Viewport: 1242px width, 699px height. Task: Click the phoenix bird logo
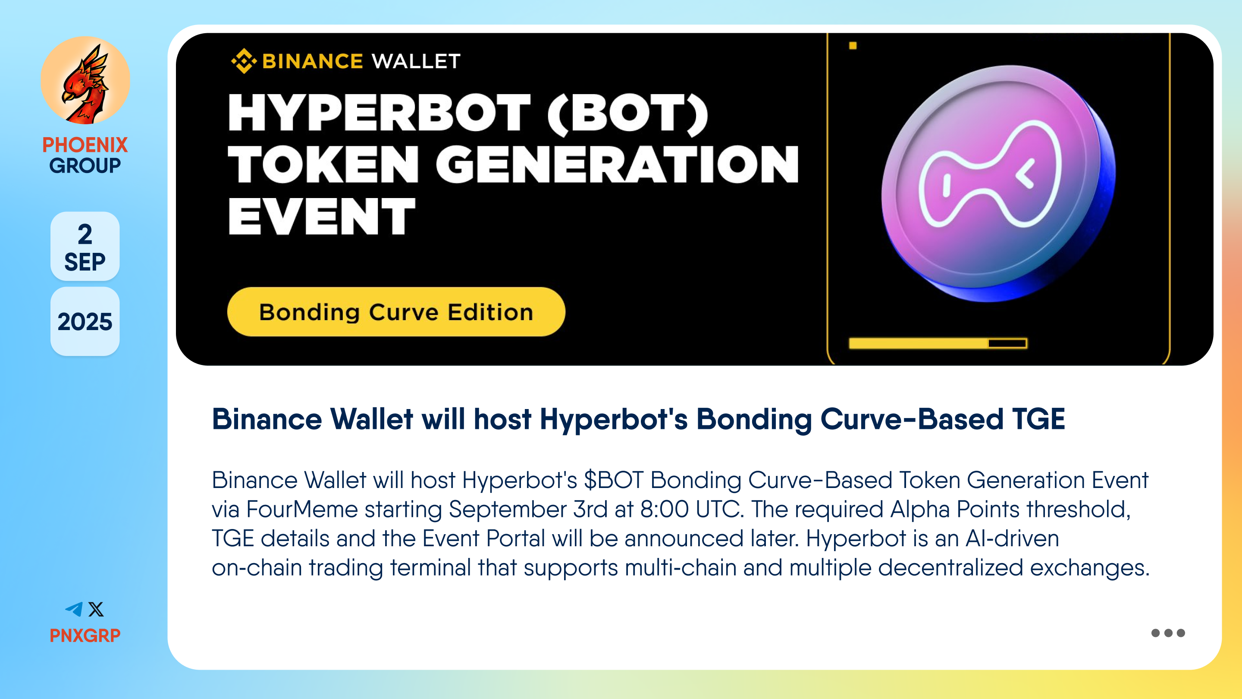(85, 81)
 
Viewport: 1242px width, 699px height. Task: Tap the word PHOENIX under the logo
(85, 145)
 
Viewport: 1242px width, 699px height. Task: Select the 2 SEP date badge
(85, 246)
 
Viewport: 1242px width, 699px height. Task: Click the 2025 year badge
(85, 322)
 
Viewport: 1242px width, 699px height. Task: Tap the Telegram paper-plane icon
(74, 609)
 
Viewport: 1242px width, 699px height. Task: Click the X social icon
(96, 609)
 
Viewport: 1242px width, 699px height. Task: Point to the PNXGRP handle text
(85, 635)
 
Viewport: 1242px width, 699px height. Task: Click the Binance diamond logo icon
(244, 61)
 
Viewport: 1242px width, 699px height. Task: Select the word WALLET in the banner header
(416, 61)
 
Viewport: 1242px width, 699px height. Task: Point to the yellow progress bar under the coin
(938, 343)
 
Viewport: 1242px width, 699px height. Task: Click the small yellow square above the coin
(853, 45)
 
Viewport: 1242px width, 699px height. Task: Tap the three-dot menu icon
(1168, 633)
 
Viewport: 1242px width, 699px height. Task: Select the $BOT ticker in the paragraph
(614, 480)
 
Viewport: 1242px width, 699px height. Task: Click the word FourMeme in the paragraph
(302, 510)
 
